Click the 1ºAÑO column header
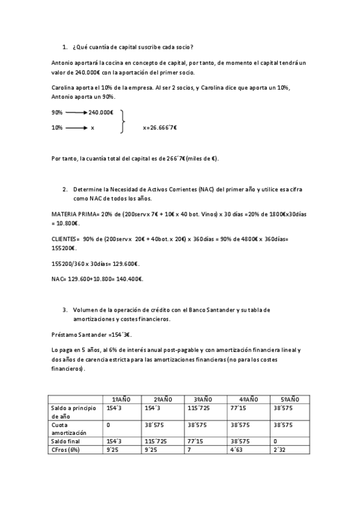point(122,399)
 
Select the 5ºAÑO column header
point(290,399)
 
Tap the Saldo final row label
point(66,441)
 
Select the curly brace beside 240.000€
point(123,120)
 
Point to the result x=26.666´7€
point(160,127)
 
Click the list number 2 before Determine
point(64,189)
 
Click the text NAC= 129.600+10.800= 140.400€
point(97,278)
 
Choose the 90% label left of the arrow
point(57,112)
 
